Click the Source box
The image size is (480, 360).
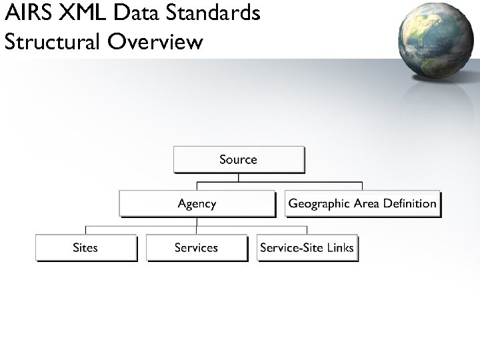coord(239,160)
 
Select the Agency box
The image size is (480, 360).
coord(197,203)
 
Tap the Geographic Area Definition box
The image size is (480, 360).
coord(363,203)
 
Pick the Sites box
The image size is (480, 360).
coord(85,247)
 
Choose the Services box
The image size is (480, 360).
coord(196,247)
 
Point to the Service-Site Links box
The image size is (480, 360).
coord(307,247)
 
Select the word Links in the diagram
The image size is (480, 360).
coord(339,247)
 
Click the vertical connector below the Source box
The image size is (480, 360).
coord(238,178)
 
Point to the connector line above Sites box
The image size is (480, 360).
coord(86,229)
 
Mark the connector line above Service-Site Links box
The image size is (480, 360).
coord(307,229)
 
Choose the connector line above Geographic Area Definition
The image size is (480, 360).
coord(362,187)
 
